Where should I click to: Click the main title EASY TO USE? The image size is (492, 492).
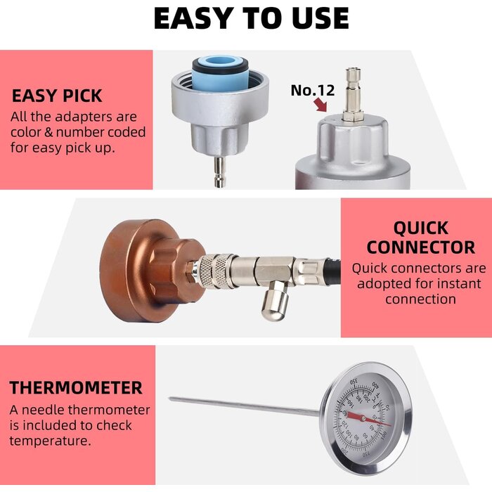coord(251,19)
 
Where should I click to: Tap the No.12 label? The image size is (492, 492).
coord(313,90)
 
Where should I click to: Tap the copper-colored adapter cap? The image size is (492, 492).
coord(141,261)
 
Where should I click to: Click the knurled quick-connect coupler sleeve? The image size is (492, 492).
coord(214,267)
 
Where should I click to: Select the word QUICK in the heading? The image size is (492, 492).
coord(421,228)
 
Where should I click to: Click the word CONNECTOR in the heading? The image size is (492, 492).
coord(420,247)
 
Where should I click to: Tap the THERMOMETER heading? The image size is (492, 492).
coord(76,387)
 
